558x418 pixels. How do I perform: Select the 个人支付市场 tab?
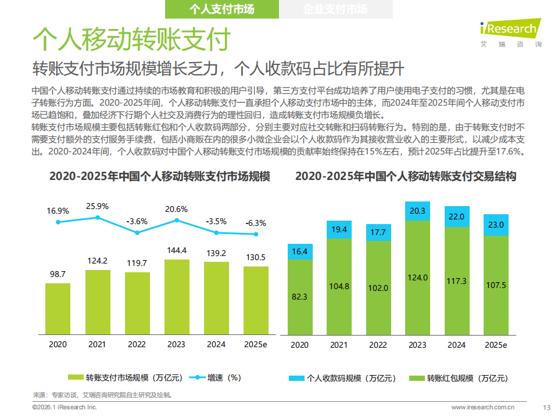(x=222, y=9)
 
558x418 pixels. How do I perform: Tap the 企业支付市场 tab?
(x=335, y=9)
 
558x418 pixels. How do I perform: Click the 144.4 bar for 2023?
(x=176, y=297)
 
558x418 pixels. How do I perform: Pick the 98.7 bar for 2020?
(x=58, y=308)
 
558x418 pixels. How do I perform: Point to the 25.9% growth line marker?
(x=98, y=218)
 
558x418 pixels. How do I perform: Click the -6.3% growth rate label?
(x=255, y=222)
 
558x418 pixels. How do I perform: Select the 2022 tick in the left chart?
(x=137, y=344)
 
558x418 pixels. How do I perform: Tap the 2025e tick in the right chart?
(x=496, y=345)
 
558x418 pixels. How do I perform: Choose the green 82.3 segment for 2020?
(x=299, y=296)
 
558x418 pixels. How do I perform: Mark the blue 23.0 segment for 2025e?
(x=496, y=225)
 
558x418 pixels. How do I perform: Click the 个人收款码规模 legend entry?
(x=343, y=378)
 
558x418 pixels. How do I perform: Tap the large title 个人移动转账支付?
(x=131, y=39)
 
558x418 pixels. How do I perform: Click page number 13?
(x=546, y=407)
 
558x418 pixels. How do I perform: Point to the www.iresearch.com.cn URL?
(x=482, y=407)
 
